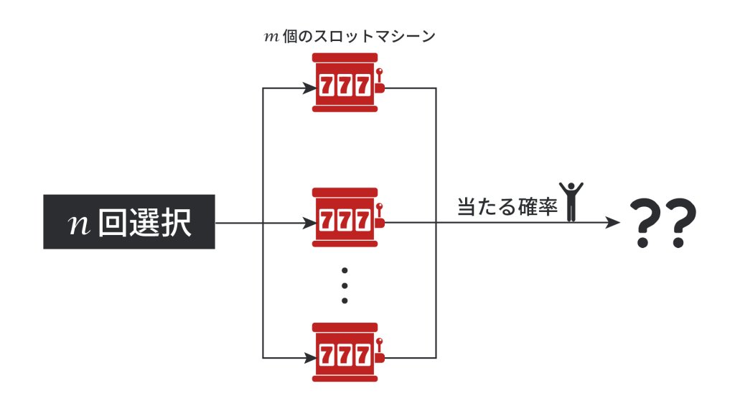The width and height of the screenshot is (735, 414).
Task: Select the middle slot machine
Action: pyautogui.click(x=345, y=218)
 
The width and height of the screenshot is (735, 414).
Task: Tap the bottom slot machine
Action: pyautogui.click(x=345, y=351)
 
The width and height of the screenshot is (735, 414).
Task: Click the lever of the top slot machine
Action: pyautogui.click(x=380, y=80)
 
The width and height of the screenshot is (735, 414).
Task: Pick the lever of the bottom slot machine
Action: pyautogui.click(x=380, y=349)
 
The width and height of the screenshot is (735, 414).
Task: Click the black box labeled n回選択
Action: pyautogui.click(x=129, y=221)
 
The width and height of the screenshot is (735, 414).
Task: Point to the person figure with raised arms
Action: pyautogui.click(x=572, y=201)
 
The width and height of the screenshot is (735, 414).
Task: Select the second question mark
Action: pyautogui.click(x=681, y=224)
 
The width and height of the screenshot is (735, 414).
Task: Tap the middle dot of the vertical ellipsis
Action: pyautogui.click(x=345, y=285)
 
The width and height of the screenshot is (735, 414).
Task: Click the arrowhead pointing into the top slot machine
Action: pyautogui.click(x=311, y=88)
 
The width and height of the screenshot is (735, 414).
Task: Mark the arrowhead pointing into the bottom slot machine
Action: pyautogui.click(x=311, y=357)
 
